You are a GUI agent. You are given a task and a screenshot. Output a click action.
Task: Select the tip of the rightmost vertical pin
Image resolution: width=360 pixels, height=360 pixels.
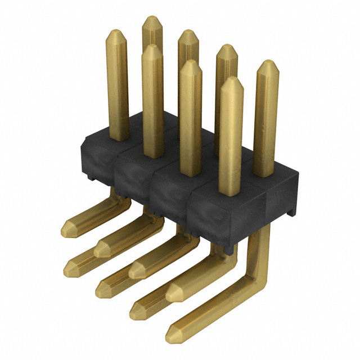pos(267,63)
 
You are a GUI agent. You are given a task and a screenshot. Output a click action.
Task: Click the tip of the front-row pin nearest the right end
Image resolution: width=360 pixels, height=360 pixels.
pos(231,79)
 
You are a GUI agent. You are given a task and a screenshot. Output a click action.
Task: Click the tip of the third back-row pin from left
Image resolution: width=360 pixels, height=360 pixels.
pos(226,47)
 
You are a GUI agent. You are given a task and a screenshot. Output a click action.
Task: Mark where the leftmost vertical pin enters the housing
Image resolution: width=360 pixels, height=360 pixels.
pos(118,138)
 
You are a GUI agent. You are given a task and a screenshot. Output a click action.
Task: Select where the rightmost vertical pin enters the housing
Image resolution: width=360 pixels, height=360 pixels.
pos(264,174)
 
